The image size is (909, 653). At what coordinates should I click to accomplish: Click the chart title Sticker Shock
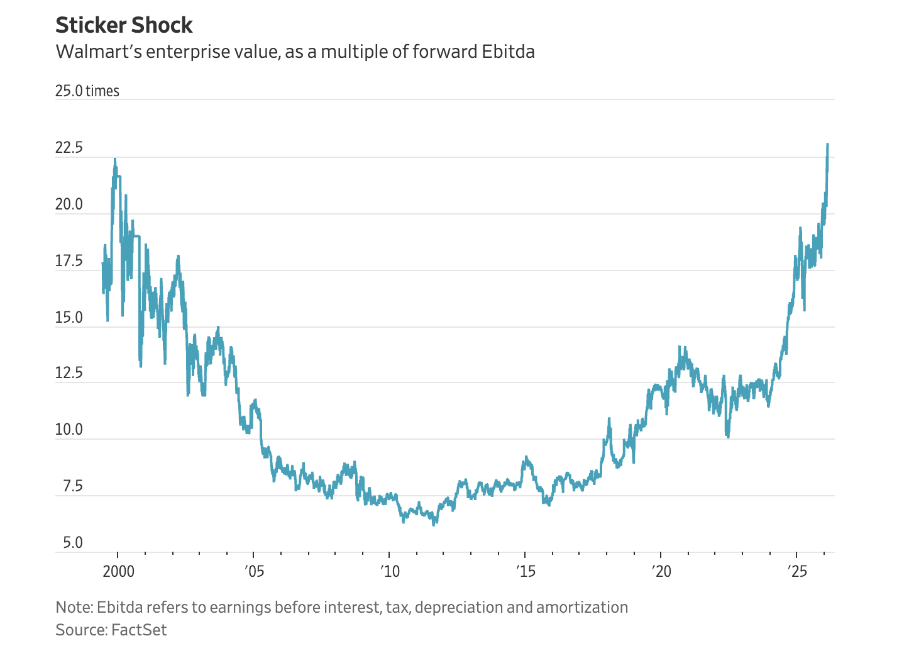point(124,26)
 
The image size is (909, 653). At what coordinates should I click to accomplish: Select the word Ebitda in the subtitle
point(508,52)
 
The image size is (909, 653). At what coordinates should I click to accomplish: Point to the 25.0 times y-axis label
point(87,91)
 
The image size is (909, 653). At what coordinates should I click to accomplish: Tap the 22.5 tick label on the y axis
point(69,148)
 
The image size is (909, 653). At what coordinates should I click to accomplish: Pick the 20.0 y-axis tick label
point(69,205)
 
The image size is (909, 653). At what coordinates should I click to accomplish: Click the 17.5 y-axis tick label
point(69,261)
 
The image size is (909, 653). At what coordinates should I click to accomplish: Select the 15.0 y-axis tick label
point(69,318)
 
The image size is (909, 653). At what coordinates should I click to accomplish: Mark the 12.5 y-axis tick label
point(69,374)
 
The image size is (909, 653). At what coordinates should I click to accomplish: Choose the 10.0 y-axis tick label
point(69,430)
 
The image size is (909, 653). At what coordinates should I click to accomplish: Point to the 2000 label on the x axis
point(118,571)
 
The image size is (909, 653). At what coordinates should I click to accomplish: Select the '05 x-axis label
point(253,571)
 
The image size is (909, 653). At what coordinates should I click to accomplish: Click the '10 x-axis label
point(389,571)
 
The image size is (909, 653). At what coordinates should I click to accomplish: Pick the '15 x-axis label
point(525,571)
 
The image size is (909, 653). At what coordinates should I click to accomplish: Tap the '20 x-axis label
point(661,571)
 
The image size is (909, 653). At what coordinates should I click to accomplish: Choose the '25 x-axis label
point(796,571)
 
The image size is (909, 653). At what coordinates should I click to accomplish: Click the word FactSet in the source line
point(139,630)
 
